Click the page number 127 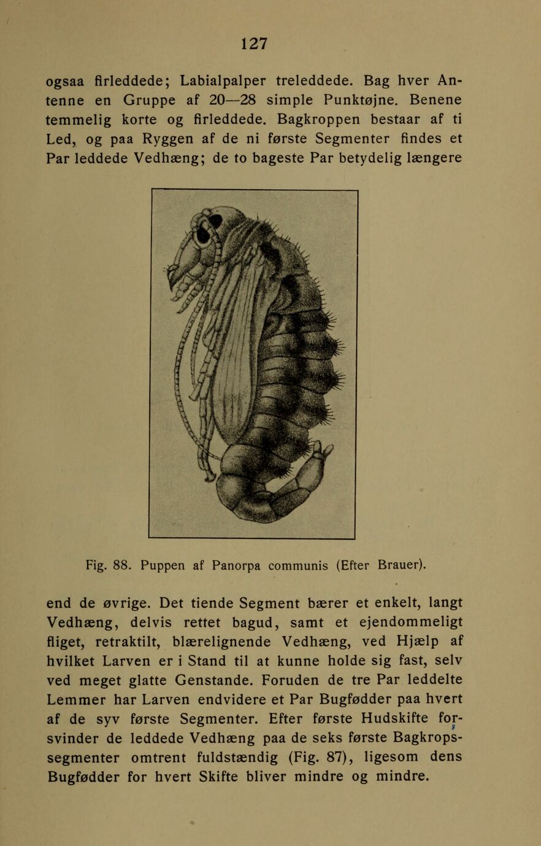pos(254,43)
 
